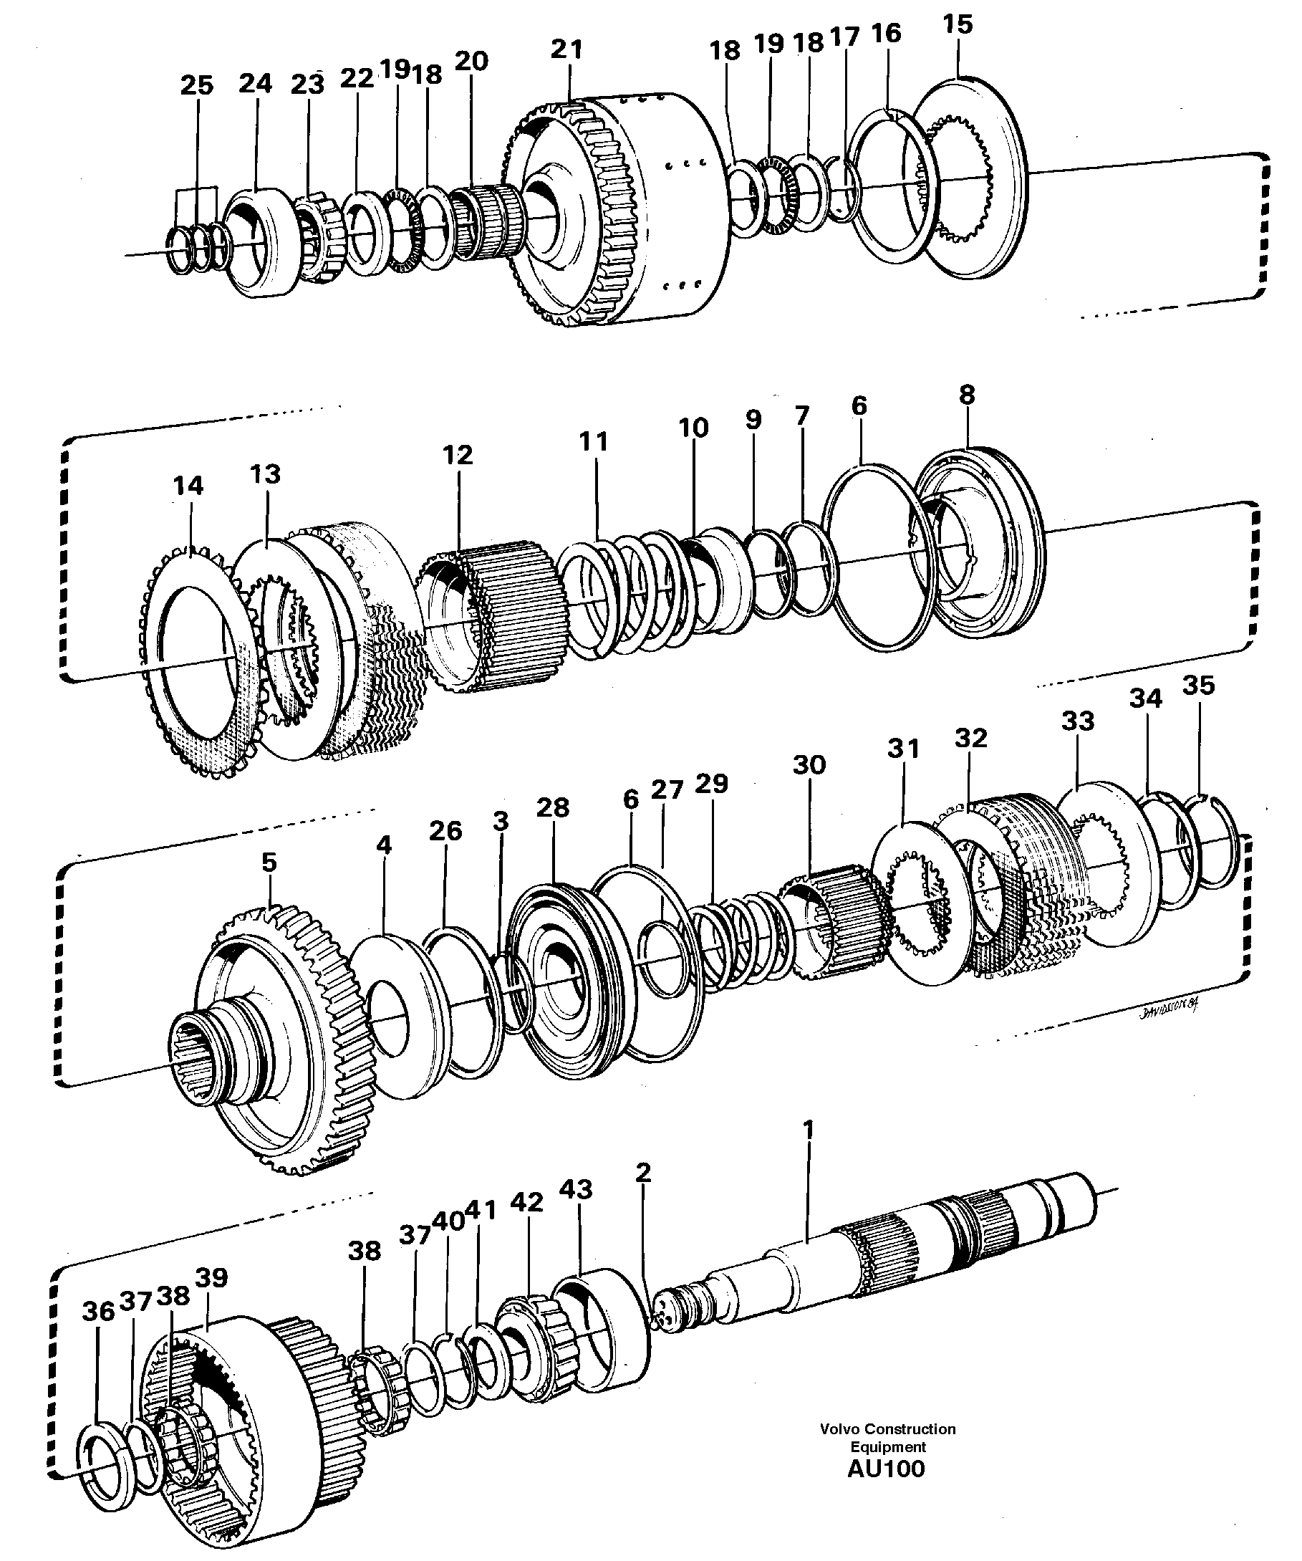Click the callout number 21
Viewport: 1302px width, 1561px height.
coord(567,50)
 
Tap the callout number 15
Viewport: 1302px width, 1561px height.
coord(958,24)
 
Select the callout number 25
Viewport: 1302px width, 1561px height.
coord(196,85)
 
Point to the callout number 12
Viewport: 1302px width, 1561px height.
coord(457,455)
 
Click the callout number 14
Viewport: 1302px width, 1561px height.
coord(188,486)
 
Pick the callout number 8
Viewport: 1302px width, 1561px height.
coord(966,395)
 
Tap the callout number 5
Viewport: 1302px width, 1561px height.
coord(269,863)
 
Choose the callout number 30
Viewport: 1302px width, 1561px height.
coord(809,765)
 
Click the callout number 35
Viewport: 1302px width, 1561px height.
coord(1198,686)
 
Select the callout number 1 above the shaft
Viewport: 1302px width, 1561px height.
coord(809,1130)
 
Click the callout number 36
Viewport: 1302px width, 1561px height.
coord(98,1312)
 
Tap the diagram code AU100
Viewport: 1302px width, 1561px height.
coord(886,1469)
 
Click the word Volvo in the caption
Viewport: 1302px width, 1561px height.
coord(838,1428)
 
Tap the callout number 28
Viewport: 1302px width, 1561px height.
coord(552,807)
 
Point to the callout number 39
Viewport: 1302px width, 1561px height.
coord(211,1278)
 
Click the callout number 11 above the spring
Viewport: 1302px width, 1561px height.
coord(593,441)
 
